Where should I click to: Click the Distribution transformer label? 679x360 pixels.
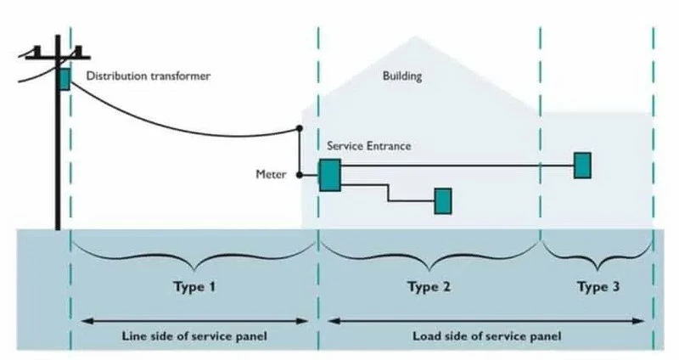pyautogui.click(x=148, y=76)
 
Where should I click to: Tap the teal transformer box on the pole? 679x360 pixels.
pyautogui.click(x=65, y=79)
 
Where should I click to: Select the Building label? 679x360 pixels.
pyautogui.click(x=402, y=76)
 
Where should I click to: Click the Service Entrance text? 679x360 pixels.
pyautogui.click(x=369, y=145)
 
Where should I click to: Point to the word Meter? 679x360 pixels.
pyautogui.click(x=271, y=174)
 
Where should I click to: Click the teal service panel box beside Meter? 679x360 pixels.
pyautogui.click(x=330, y=175)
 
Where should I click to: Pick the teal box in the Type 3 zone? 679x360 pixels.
pyautogui.click(x=582, y=165)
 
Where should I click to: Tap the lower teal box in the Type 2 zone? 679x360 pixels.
pyautogui.click(x=443, y=201)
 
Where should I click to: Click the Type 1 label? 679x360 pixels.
pyautogui.click(x=194, y=287)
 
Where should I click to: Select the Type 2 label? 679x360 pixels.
pyautogui.click(x=429, y=287)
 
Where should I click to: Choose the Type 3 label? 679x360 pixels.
pyautogui.click(x=598, y=287)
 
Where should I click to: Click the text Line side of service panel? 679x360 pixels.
pyautogui.click(x=194, y=336)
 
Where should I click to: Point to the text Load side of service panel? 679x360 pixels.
pyautogui.click(x=486, y=336)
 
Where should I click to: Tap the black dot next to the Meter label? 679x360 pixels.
pyautogui.click(x=300, y=175)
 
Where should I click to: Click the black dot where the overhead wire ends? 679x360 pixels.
pyautogui.click(x=300, y=128)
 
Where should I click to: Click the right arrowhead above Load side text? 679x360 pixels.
pyautogui.click(x=639, y=321)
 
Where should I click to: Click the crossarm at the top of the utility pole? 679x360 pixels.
pyautogui.click(x=58, y=57)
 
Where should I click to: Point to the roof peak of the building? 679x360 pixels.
pyautogui.click(x=415, y=37)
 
